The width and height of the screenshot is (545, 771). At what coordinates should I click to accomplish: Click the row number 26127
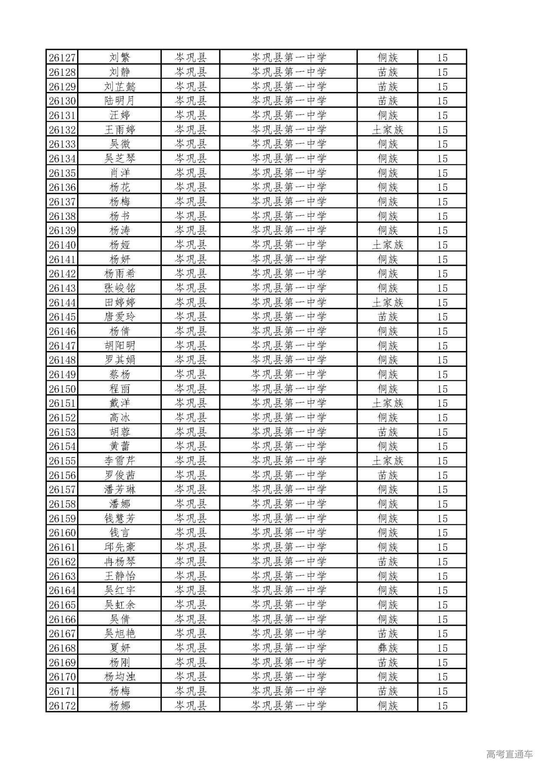[62, 58]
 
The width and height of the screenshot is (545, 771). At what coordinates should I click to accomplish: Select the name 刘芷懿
[120, 86]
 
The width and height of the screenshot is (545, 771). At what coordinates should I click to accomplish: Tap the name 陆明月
[120, 101]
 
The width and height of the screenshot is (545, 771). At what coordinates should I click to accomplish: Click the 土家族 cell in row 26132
[387, 129]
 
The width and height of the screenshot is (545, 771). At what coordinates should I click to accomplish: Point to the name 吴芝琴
[120, 158]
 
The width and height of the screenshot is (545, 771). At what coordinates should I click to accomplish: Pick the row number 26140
[62, 245]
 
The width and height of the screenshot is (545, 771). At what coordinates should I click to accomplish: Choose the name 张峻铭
[120, 288]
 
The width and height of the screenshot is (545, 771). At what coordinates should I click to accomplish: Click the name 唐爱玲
[120, 317]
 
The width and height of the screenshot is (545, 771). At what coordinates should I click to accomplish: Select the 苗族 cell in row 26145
[387, 317]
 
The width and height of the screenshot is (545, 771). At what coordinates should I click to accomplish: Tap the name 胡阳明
[120, 345]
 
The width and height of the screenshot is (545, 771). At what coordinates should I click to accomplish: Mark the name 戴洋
[120, 403]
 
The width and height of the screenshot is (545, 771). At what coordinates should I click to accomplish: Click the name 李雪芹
[120, 460]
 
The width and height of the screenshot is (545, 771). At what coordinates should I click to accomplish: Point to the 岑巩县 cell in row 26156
[190, 475]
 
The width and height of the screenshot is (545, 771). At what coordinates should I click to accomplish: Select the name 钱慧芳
[120, 518]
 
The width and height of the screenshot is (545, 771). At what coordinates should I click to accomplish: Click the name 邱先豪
[120, 547]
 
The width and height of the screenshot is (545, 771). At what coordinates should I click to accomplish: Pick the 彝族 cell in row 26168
[387, 648]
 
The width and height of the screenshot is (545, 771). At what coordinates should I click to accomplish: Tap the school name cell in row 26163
[288, 576]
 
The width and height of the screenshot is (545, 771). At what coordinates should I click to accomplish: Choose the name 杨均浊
[120, 676]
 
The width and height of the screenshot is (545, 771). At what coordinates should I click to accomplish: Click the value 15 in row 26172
[442, 705]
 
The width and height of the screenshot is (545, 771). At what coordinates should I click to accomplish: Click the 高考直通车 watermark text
[509, 754]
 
